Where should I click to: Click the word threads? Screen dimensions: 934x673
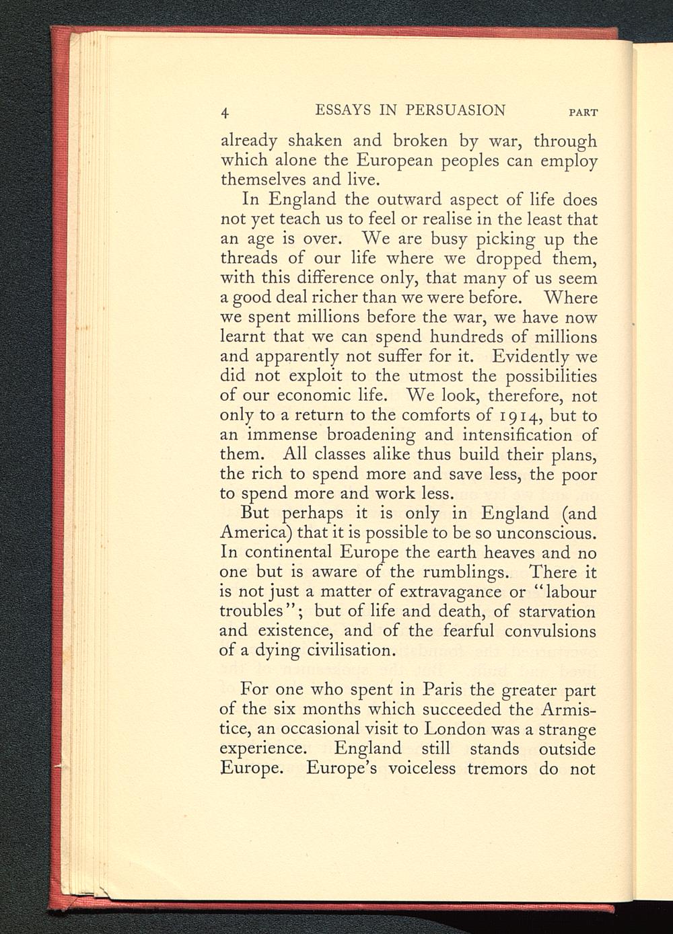[x=248, y=258]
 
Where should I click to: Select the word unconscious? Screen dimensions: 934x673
[x=546, y=533]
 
